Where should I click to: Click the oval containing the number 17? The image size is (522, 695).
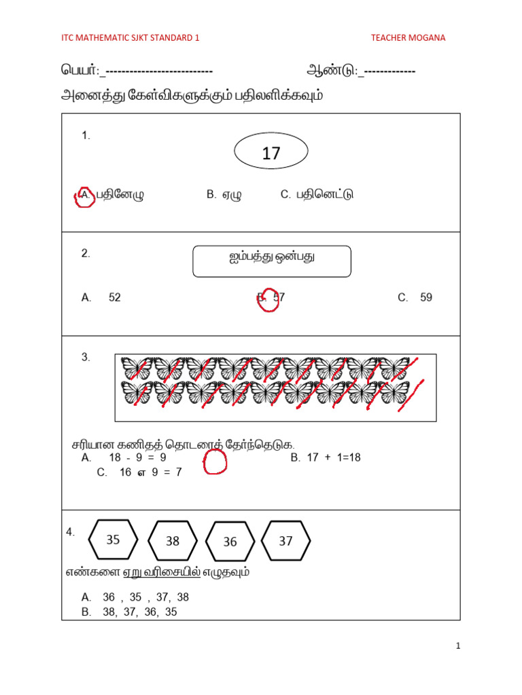[x=271, y=153]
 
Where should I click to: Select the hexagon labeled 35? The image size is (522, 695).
[x=114, y=540]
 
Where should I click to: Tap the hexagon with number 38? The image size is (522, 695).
[x=173, y=541]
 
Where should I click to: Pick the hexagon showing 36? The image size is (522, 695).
[x=230, y=542]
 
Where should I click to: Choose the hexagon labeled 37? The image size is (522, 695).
[x=285, y=540]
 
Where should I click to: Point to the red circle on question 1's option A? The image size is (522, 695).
[x=84, y=197]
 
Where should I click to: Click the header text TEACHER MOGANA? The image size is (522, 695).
[x=408, y=38]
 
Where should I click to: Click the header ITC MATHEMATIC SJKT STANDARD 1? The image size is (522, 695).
[x=130, y=38]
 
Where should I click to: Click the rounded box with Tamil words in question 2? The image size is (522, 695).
[x=272, y=261]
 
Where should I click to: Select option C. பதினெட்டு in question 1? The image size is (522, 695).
[x=317, y=195]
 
